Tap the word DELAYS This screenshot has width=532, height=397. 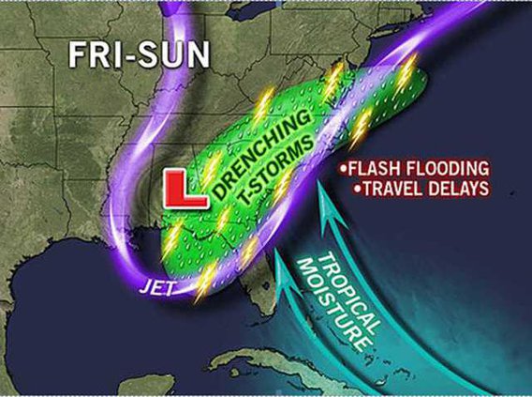click(461, 188)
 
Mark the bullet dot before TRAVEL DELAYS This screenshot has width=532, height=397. click(355, 189)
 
